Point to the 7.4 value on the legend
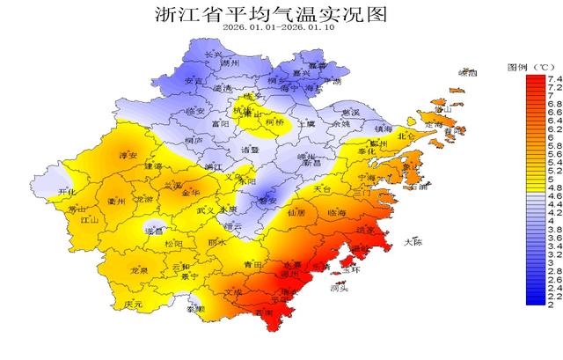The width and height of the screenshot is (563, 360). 555,79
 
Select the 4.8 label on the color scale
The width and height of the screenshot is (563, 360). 555,187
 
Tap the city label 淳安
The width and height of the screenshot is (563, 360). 129,156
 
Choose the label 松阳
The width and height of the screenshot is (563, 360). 174,244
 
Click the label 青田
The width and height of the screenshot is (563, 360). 253,264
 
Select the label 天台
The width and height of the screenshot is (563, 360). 323,189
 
